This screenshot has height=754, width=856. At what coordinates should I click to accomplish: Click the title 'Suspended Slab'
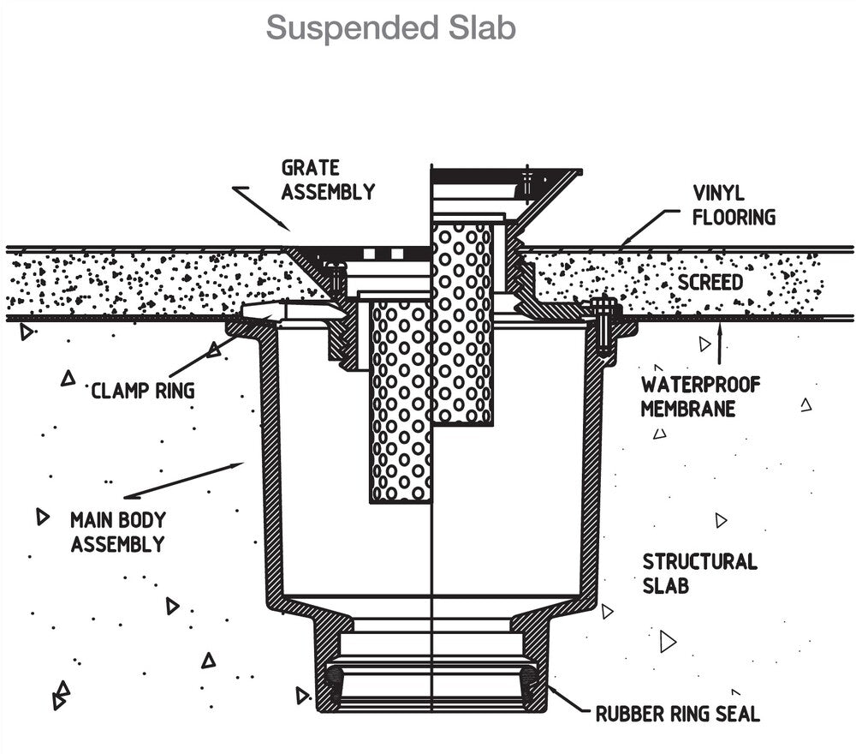(390, 27)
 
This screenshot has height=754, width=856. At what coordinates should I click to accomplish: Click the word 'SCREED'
(710, 282)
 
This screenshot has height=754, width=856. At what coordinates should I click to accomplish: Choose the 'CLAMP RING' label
(143, 392)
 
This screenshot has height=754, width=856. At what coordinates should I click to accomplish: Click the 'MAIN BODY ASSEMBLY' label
(118, 531)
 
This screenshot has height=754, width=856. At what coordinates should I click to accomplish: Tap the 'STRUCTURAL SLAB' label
(700, 574)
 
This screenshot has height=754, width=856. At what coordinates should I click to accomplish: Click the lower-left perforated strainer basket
(401, 403)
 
